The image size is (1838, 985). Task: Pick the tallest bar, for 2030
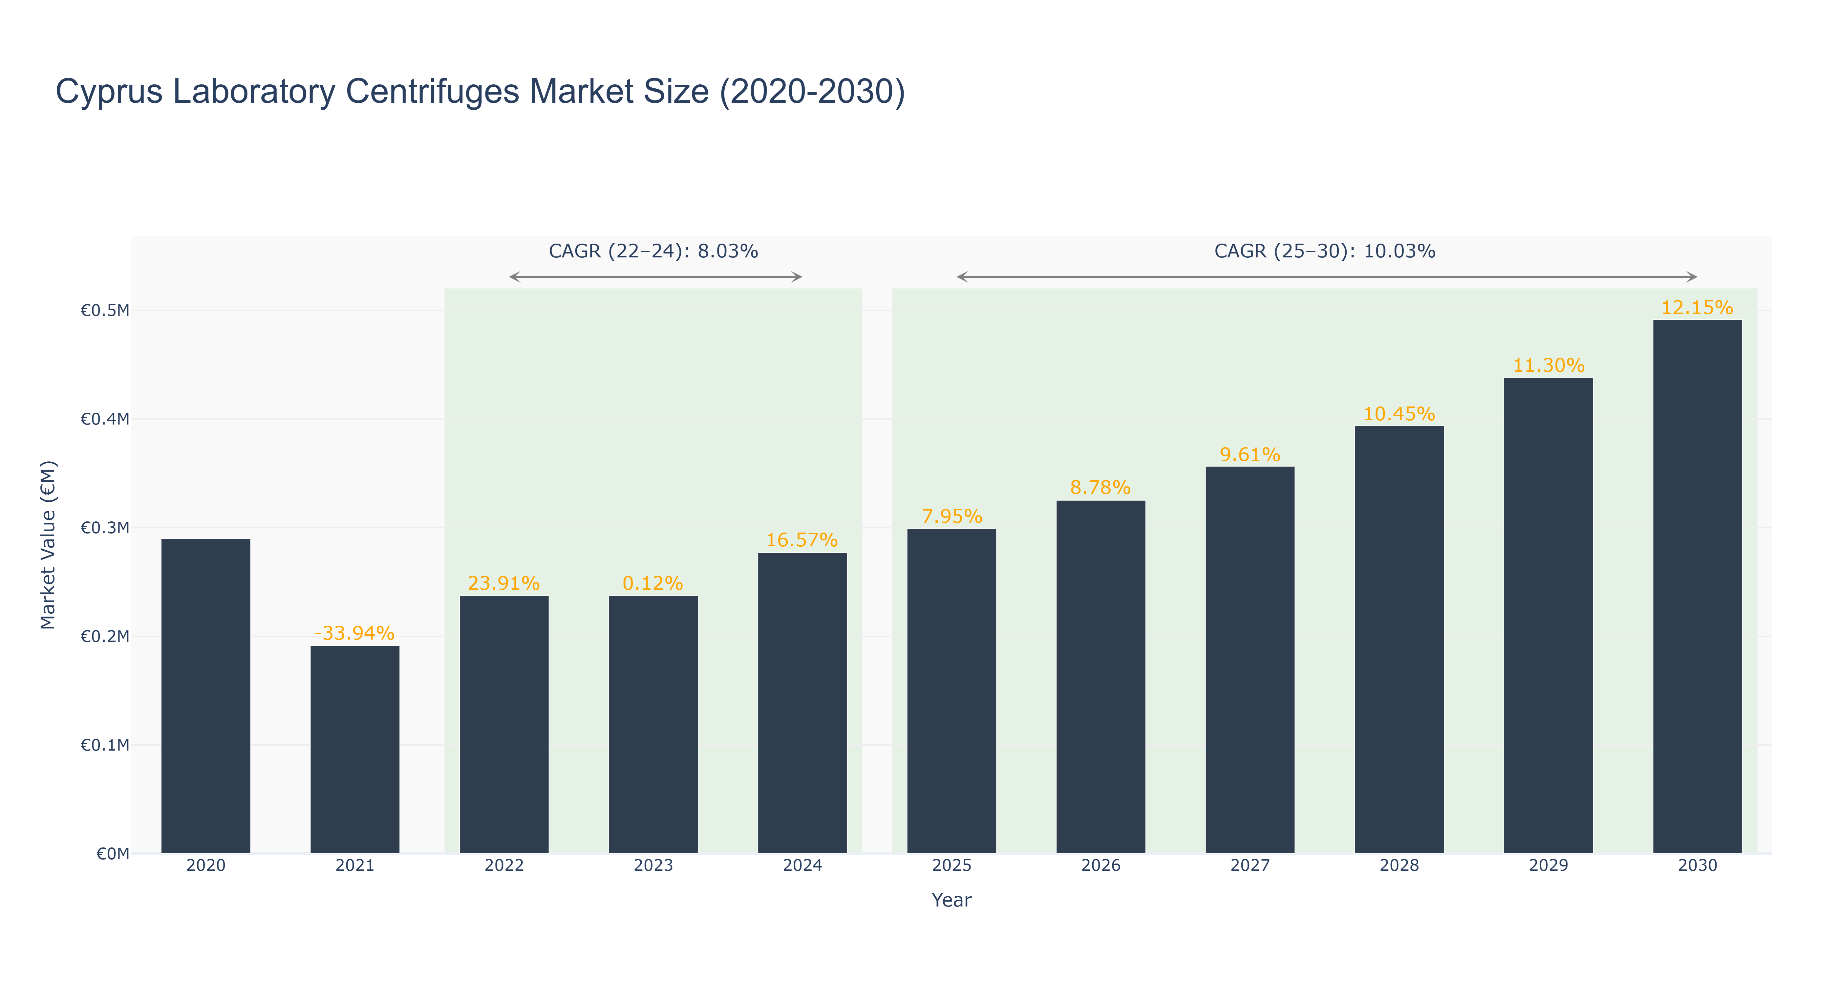pyautogui.click(x=1698, y=587)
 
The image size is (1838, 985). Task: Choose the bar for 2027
pyautogui.click(x=1250, y=660)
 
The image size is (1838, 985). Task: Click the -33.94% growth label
pyautogui.click(x=354, y=633)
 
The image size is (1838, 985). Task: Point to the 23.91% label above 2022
pyautogui.click(x=504, y=583)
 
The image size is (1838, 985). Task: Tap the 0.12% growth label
pyautogui.click(x=653, y=583)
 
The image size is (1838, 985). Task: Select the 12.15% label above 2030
pyautogui.click(x=1698, y=308)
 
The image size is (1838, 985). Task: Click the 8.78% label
pyautogui.click(x=1101, y=488)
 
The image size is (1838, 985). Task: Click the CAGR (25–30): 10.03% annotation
pyautogui.click(x=1325, y=251)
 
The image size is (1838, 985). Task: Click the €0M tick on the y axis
pyautogui.click(x=113, y=854)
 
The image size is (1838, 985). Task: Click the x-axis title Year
pyautogui.click(x=952, y=900)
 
